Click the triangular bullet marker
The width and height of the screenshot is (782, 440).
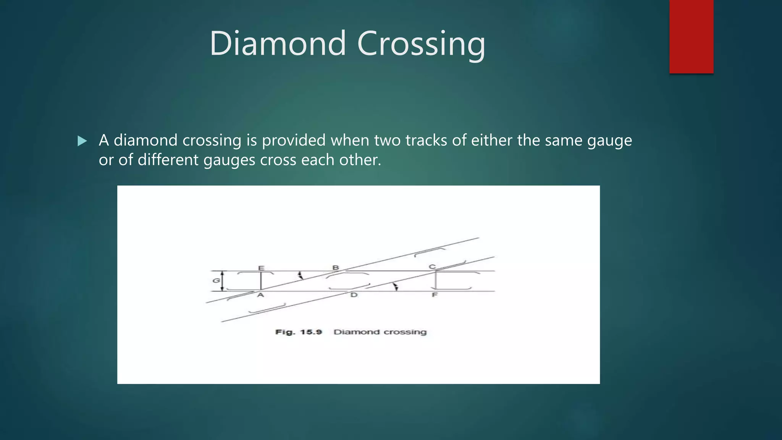82,141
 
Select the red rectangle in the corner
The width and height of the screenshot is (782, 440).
691,36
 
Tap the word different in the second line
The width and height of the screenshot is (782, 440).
168,160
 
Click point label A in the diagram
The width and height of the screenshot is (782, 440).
260,295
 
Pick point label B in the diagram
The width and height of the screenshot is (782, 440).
336,267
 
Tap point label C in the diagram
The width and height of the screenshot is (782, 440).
432,267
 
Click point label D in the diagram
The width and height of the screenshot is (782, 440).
354,295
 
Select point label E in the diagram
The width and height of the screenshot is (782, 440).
261,268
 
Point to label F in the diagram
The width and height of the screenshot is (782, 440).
435,295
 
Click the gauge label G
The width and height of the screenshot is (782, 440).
216,281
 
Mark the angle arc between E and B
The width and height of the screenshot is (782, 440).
301,275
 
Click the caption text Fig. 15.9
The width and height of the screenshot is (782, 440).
299,332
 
